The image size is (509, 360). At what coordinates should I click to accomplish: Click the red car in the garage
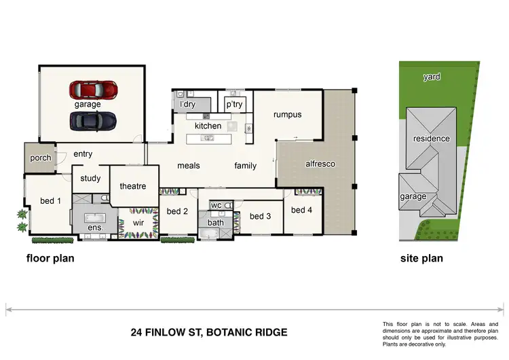pyautogui.click(x=94, y=90)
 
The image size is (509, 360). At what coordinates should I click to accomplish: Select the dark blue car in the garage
pyautogui.click(x=93, y=120)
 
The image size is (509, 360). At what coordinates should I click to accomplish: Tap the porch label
pyautogui.click(x=40, y=158)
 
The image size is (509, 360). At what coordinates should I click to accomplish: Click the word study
pyautogui.click(x=90, y=179)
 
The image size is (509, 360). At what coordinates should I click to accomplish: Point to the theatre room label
pyautogui.click(x=133, y=186)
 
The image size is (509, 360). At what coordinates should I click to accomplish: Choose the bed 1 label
pyautogui.click(x=51, y=201)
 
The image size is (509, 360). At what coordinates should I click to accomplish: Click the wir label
pyautogui.click(x=138, y=222)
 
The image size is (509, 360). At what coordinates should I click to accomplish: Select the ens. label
pyautogui.click(x=95, y=228)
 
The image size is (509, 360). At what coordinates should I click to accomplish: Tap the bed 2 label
pyautogui.click(x=177, y=211)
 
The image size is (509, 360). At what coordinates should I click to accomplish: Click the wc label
pyautogui.click(x=216, y=205)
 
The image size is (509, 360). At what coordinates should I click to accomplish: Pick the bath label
pyautogui.click(x=216, y=222)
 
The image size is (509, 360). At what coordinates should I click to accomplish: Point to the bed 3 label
pyautogui.click(x=260, y=216)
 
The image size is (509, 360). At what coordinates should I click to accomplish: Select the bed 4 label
pyautogui.click(x=302, y=210)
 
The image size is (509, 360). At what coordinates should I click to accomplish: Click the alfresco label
pyautogui.click(x=320, y=164)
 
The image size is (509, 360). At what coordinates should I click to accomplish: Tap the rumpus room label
pyautogui.click(x=287, y=115)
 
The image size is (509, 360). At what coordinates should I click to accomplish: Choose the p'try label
pyautogui.click(x=234, y=105)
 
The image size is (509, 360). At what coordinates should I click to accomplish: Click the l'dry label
pyautogui.click(x=187, y=105)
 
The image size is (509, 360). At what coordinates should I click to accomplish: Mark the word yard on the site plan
pyautogui.click(x=432, y=77)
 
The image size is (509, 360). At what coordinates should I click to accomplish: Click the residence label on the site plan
pyautogui.click(x=432, y=139)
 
